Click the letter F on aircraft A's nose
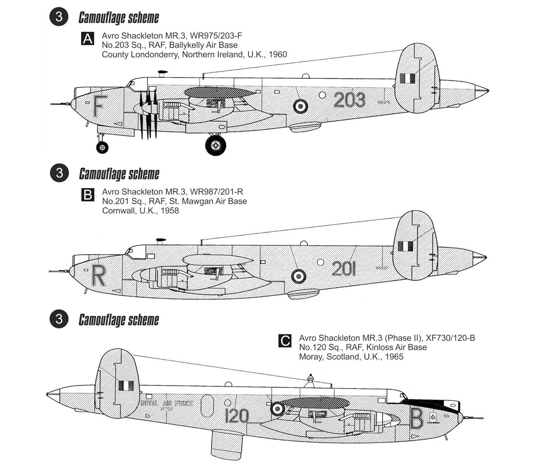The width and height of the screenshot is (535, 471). (x=98, y=106)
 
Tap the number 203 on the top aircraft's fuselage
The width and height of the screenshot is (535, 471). (x=349, y=100)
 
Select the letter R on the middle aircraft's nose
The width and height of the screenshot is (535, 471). (x=98, y=276)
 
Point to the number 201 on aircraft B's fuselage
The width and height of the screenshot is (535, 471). (x=344, y=269)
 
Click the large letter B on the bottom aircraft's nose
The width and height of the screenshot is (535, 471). (x=416, y=419)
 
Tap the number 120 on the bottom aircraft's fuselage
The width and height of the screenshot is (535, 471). (x=237, y=416)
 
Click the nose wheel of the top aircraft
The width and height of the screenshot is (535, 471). (x=102, y=147)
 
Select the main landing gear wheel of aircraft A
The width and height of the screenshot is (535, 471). (x=216, y=145)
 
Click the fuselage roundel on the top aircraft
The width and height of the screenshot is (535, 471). (x=300, y=107)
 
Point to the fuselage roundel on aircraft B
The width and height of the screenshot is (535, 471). (x=299, y=276)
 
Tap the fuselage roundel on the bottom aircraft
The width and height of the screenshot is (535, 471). (x=278, y=408)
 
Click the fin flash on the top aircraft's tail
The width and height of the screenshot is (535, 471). (x=407, y=78)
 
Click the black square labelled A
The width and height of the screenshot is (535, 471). (x=88, y=39)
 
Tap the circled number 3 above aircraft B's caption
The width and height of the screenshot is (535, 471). (x=59, y=173)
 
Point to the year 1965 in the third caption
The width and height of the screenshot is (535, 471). (x=393, y=357)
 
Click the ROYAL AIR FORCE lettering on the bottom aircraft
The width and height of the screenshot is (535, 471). (x=167, y=403)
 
